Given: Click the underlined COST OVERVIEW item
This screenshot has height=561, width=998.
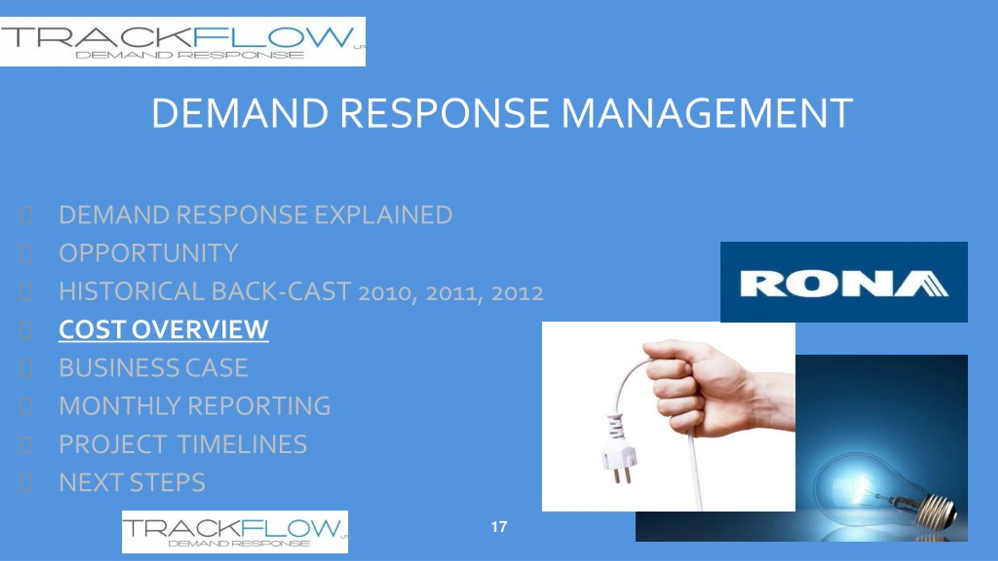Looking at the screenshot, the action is [x=164, y=330].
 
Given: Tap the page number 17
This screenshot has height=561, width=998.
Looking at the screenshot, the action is [x=499, y=527].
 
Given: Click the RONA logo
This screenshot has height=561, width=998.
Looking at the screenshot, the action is [x=844, y=282].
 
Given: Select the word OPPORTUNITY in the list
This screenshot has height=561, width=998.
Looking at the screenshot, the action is [x=149, y=253].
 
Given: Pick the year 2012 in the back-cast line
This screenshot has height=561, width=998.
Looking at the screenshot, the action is [x=517, y=293].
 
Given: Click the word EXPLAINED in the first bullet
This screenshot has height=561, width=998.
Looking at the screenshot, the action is [x=383, y=215].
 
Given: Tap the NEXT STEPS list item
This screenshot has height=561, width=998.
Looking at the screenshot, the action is [x=132, y=482].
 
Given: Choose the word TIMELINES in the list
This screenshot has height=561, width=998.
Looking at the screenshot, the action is [x=242, y=444].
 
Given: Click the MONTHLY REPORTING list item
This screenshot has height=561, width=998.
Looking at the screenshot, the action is [x=195, y=406].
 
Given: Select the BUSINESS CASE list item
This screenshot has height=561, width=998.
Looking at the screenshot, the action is [x=154, y=368].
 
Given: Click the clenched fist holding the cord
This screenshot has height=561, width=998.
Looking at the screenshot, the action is [x=698, y=386].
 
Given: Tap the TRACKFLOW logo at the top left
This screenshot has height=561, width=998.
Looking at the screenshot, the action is [x=183, y=41].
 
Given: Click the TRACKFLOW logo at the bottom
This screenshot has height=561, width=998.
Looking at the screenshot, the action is [x=235, y=532].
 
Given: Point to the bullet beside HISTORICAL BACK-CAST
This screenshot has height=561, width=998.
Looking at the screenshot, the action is [x=26, y=292].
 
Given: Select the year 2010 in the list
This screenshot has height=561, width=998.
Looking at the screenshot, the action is [x=384, y=293].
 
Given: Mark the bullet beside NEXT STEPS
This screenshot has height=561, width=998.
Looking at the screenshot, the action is [x=26, y=483].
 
